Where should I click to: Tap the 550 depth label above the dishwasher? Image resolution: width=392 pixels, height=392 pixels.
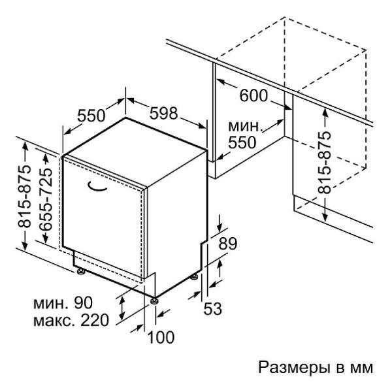[91, 116]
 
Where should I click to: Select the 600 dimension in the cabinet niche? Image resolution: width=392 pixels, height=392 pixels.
[253, 95]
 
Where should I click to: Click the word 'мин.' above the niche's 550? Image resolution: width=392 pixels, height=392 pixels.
[244, 125]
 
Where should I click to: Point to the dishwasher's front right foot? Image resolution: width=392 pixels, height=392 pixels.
[155, 300]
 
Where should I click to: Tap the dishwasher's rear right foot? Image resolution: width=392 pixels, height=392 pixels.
[195, 276]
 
